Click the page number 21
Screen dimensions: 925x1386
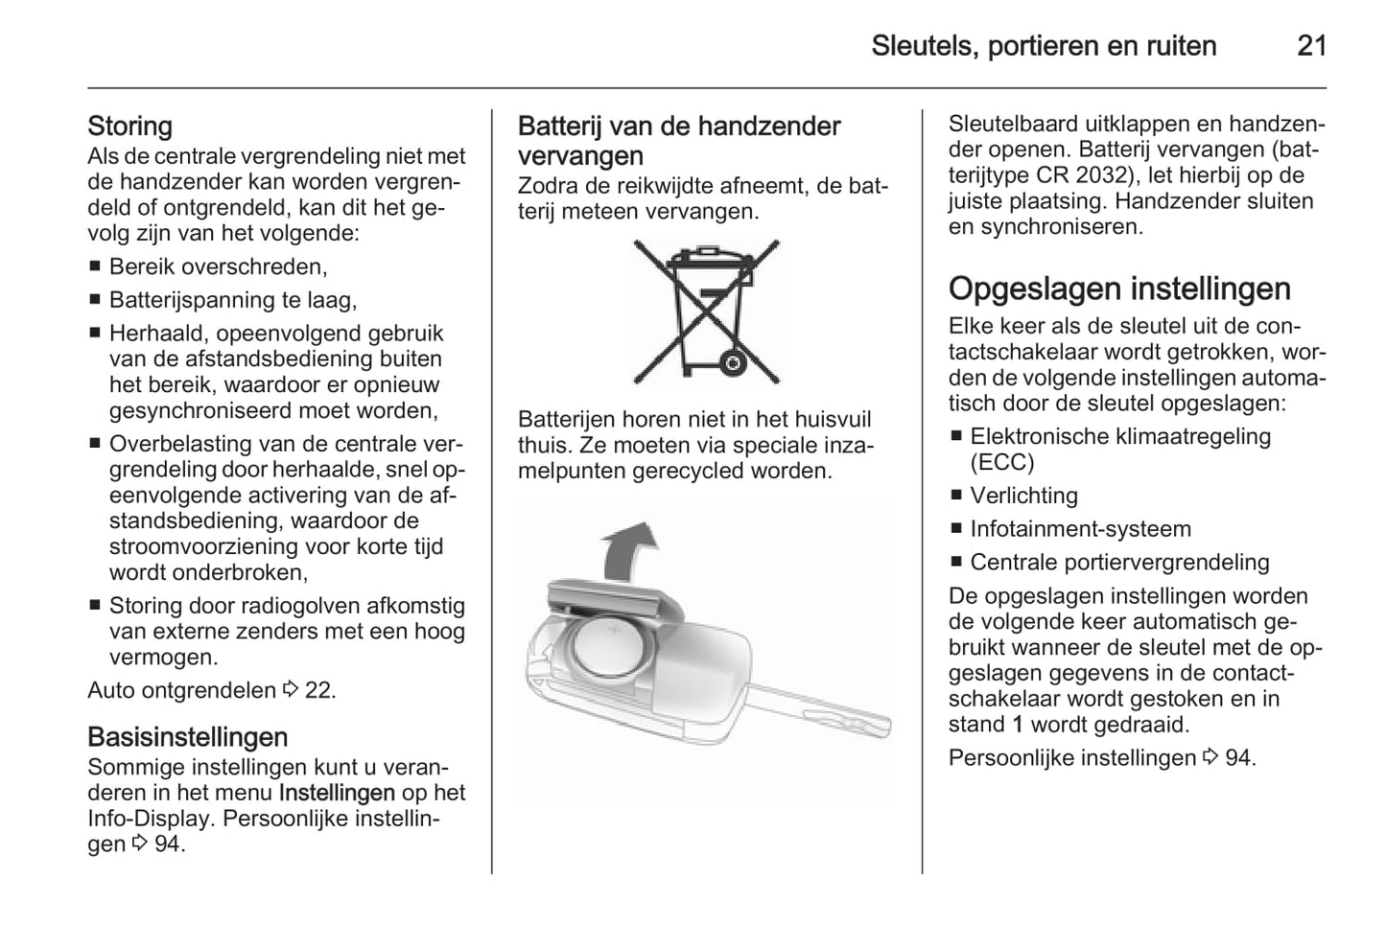pos(1311,46)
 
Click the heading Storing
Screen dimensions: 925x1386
pos(129,127)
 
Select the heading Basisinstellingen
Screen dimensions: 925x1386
pos(187,737)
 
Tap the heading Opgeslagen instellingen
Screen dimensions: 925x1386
pos(1119,289)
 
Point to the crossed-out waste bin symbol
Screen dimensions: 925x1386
pos(707,312)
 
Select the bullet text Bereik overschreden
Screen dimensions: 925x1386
pos(218,267)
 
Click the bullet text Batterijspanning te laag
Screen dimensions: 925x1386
pos(232,301)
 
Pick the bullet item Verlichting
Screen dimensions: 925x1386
pos(1023,497)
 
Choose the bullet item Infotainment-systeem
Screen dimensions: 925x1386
pos(1080,530)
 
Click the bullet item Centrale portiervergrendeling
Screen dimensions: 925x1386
pos(1119,563)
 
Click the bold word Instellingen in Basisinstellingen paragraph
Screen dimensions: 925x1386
pos(337,794)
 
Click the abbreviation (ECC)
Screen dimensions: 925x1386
pos(1002,463)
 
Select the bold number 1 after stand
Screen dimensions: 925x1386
pos(1018,726)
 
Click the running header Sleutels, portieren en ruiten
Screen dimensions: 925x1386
pos(1044,46)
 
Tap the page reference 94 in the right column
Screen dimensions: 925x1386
pos(1237,759)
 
